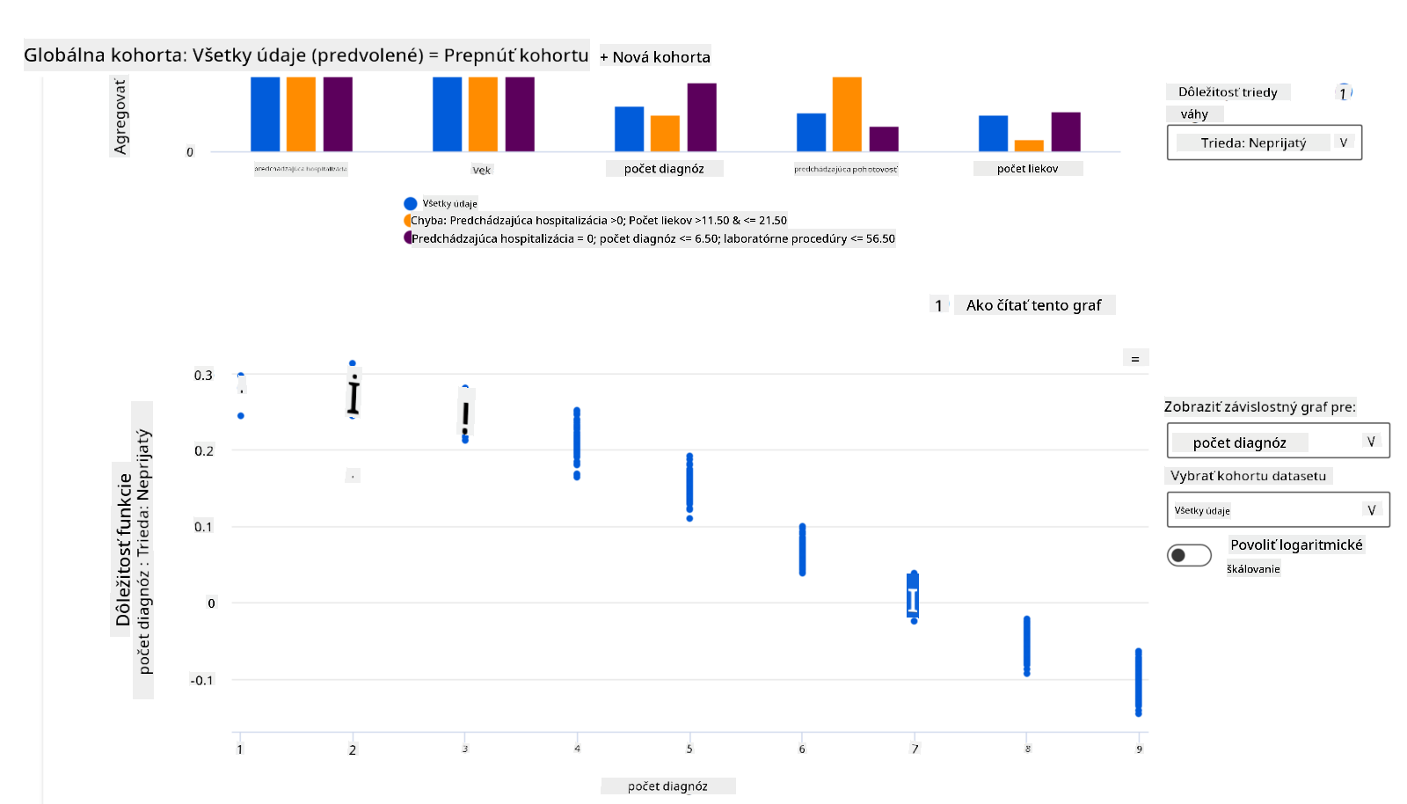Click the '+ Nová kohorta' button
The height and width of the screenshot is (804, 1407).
click(655, 57)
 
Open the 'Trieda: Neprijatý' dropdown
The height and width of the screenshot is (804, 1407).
click(1264, 143)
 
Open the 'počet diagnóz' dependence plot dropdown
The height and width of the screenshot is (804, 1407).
click(1278, 442)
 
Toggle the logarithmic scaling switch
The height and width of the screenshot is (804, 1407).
click(1189, 555)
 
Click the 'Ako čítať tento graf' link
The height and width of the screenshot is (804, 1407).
click(1033, 305)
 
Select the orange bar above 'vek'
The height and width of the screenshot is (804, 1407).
click(483, 114)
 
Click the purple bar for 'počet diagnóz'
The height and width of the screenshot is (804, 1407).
click(702, 117)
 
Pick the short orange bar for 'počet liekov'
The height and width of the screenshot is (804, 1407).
click(1029, 146)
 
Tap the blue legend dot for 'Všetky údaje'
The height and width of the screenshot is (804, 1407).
click(410, 203)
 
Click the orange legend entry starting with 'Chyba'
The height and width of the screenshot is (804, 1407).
click(598, 221)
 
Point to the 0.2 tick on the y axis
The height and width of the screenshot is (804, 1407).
click(203, 451)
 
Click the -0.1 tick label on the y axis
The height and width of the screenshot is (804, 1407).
click(201, 680)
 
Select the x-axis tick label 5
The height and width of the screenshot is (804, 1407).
click(689, 749)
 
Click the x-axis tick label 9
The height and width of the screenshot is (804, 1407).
click(1139, 749)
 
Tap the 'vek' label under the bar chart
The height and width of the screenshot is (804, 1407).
click(482, 170)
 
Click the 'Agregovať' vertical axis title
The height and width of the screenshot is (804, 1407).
click(120, 116)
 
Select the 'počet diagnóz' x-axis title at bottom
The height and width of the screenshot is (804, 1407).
click(667, 786)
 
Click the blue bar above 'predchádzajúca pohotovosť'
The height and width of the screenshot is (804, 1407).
click(811, 133)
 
